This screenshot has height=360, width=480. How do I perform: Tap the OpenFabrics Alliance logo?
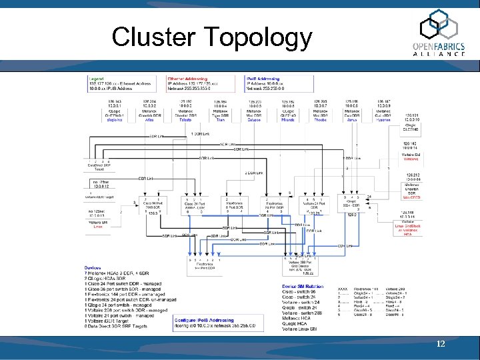(442, 35)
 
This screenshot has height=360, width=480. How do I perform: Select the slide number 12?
(440, 343)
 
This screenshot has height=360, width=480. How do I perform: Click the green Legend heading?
(97, 78)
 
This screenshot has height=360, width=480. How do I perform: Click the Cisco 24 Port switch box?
(196, 205)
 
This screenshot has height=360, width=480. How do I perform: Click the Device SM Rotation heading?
(303, 287)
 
